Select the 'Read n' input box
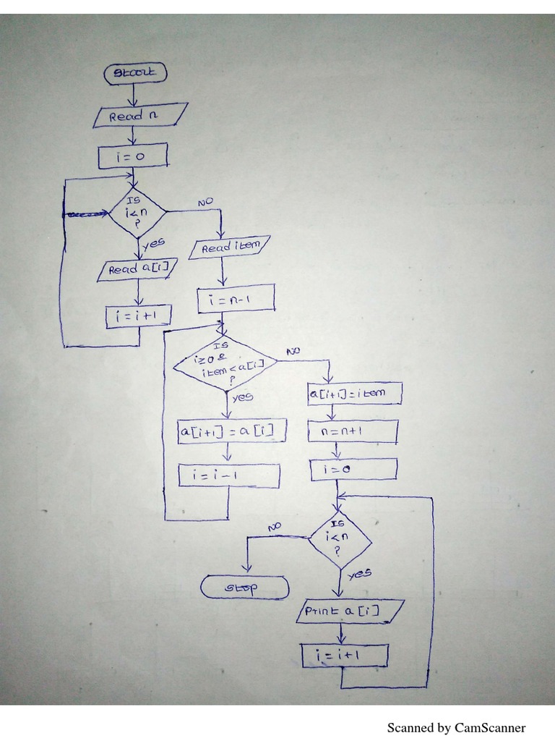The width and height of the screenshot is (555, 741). tap(140, 116)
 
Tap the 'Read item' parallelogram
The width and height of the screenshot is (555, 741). tap(230, 247)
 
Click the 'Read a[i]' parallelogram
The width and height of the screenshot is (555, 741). tap(138, 270)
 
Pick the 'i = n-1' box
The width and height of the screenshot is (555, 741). tap(236, 299)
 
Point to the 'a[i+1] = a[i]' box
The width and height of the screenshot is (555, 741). tap(231, 431)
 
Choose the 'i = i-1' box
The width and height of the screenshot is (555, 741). tap(229, 475)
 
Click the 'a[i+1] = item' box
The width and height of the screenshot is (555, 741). tap(354, 394)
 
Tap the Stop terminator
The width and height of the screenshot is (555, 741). tap(244, 588)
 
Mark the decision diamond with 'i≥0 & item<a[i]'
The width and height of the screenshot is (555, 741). tap(225, 363)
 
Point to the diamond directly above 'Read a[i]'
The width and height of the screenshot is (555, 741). tap(137, 213)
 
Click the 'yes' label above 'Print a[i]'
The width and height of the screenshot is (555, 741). tap(359, 574)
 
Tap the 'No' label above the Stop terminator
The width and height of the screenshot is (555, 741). tap(274, 527)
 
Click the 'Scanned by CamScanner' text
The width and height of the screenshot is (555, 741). tap(456, 727)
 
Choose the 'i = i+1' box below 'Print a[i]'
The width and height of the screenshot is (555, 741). tap(345, 656)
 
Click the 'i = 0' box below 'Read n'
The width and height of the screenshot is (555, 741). tap(133, 155)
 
